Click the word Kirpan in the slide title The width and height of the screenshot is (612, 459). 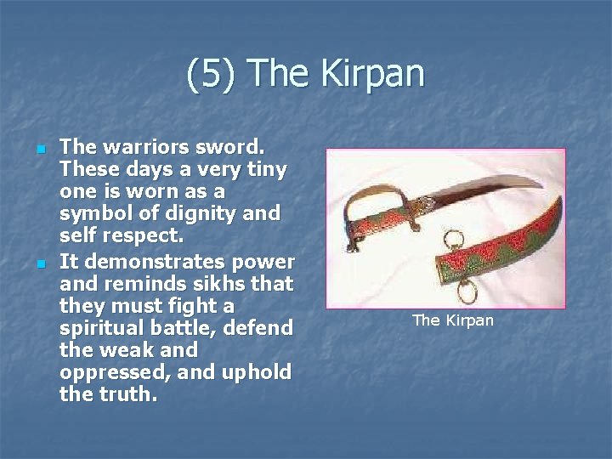(x=372, y=74)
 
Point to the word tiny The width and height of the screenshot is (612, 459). (x=264, y=169)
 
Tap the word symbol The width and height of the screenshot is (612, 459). (x=95, y=214)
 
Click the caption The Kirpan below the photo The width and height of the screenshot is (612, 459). (x=452, y=320)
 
